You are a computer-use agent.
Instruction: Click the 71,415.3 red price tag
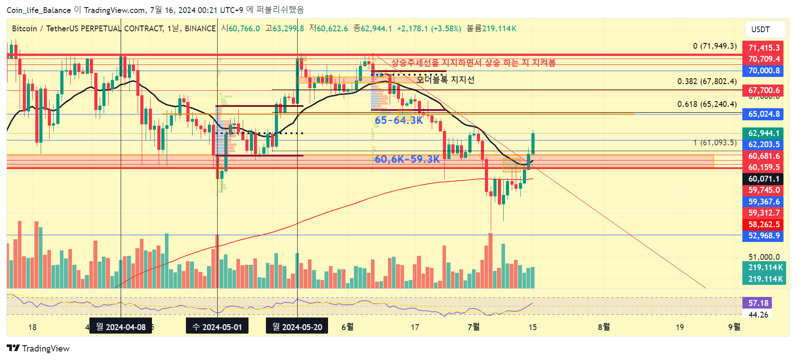(x=763, y=47)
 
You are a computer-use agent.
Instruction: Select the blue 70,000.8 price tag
(x=763, y=71)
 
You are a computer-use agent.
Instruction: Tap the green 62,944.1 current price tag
(x=763, y=133)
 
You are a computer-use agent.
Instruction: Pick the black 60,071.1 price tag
(x=763, y=179)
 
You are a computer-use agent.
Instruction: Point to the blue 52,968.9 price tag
(x=763, y=236)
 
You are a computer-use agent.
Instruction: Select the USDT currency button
(x=765, y=30)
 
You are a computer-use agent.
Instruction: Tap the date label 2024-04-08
(x=121, y=327)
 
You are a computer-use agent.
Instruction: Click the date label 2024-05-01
(x=217, y=327)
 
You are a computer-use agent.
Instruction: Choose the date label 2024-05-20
(x=297, y=327)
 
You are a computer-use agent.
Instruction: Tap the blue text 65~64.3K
(x=399, y=120)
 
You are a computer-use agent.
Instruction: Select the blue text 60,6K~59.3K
(x=407, y=159)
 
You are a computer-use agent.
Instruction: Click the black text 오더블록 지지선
(x=445, y=80)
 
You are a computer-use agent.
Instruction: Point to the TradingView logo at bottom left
(x=38, y=348)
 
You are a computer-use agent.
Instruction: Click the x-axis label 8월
(x=604, y=327)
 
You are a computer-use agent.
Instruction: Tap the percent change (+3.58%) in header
(x=446, y=29)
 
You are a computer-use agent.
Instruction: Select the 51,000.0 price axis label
(x=764, y=257)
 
